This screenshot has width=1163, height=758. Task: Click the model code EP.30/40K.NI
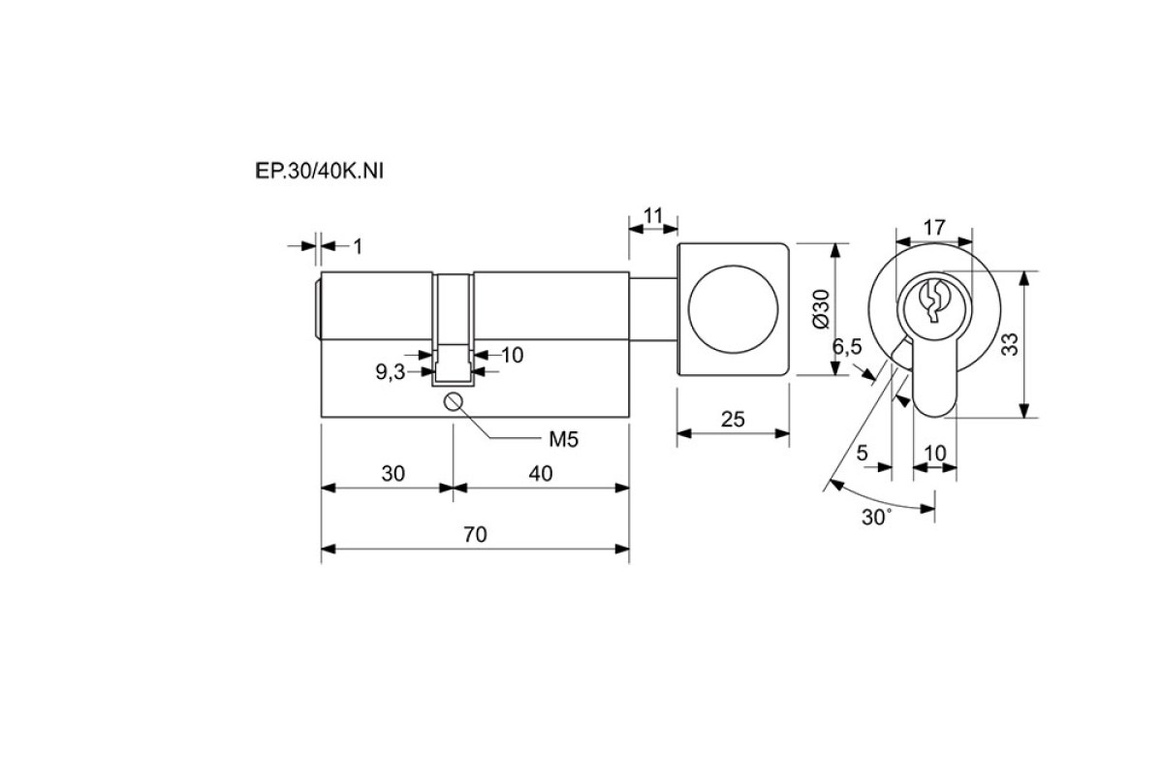[320, 171]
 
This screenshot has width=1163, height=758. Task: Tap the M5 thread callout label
[563, 440]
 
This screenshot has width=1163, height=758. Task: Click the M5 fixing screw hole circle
[454, 401]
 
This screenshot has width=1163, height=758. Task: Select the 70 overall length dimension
[475, 535]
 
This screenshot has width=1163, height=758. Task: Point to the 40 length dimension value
[541, 473]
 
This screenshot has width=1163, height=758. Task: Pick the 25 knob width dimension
[733, 420]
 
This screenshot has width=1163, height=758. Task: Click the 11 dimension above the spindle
[653, 215]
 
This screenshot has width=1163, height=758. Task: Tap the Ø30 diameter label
[821, 308]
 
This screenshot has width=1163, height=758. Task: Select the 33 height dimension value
[1010, 344]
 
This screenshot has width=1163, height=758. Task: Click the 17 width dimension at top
[934, 228]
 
